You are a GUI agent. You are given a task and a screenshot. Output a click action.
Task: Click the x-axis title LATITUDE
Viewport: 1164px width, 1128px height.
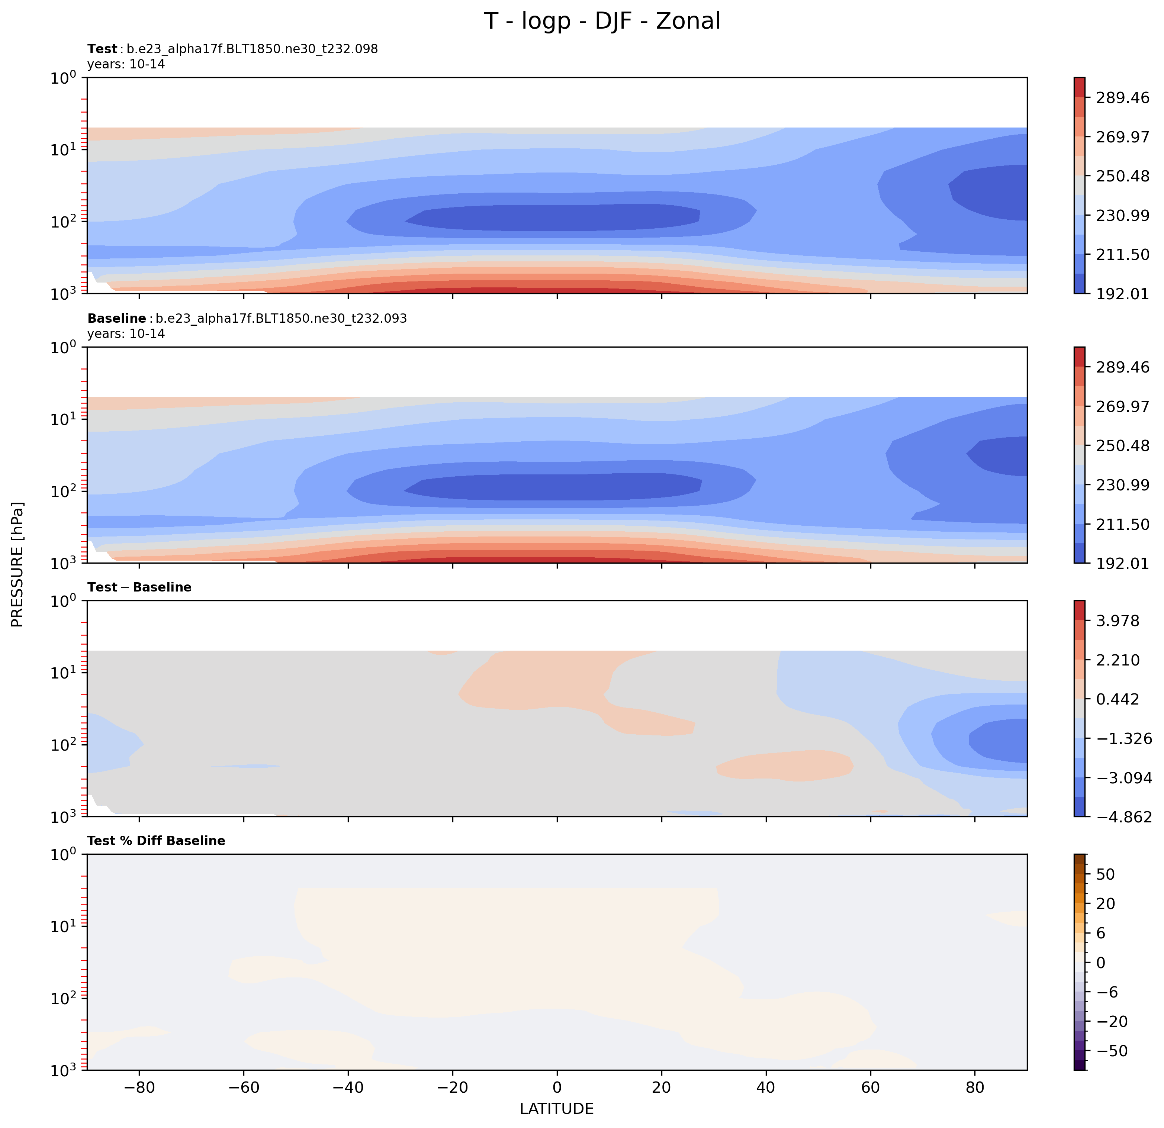pos(556,1108)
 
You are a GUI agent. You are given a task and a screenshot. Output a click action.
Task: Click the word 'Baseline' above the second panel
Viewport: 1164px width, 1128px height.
pos(116,319)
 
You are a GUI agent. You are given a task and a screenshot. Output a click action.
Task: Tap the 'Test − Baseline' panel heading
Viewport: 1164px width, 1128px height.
pos(139,587)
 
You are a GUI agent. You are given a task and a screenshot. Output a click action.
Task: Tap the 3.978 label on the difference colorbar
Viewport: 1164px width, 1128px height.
pos(1118,621)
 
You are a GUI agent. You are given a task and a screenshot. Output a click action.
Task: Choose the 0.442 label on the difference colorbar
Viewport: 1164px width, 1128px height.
pos(1118,699)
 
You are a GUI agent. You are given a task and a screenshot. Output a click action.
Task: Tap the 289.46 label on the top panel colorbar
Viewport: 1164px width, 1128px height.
pos(1122,97)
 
